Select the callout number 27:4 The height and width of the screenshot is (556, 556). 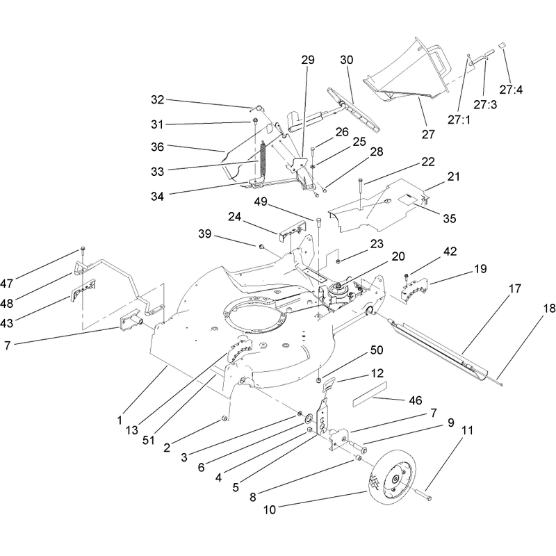coord(511,90)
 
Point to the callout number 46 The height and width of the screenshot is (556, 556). coord(416,400)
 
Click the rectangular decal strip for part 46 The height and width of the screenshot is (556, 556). coord(370,394)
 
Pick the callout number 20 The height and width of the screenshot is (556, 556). coord(398,256)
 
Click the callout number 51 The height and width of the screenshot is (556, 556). coord(149,440)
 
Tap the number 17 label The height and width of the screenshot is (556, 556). coord(515,288)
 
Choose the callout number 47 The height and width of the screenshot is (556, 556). coord(7,284)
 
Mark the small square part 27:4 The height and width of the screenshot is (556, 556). coord(502,45)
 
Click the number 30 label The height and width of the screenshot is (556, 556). coord(347,60)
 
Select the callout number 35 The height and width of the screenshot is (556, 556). coord(449,218)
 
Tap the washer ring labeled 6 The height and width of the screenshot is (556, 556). coord(308,419)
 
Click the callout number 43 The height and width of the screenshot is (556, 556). coord(7,323)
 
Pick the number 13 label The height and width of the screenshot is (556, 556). coord(131,430)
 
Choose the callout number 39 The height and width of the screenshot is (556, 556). coord(204,234)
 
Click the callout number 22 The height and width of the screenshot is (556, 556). coord(428,162)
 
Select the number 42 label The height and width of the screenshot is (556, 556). coord(450,252)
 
